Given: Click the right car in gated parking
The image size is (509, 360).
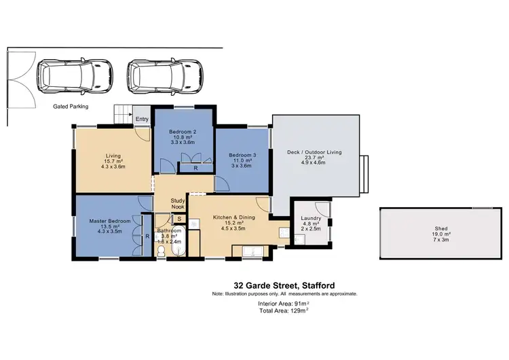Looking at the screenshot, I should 165,74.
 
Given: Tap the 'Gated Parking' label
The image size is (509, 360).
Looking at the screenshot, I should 71,107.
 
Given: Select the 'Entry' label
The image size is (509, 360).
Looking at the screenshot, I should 142,120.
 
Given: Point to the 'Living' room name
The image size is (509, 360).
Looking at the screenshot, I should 113,155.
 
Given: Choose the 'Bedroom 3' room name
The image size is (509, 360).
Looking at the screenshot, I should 242,155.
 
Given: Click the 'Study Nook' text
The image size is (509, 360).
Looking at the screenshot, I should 178,204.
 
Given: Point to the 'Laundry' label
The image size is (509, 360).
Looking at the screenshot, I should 311,218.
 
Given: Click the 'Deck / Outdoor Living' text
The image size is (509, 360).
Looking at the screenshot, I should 315,152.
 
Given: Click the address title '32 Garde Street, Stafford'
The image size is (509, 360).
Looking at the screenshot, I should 284,286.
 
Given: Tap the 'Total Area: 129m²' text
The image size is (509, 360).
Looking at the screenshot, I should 284,310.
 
